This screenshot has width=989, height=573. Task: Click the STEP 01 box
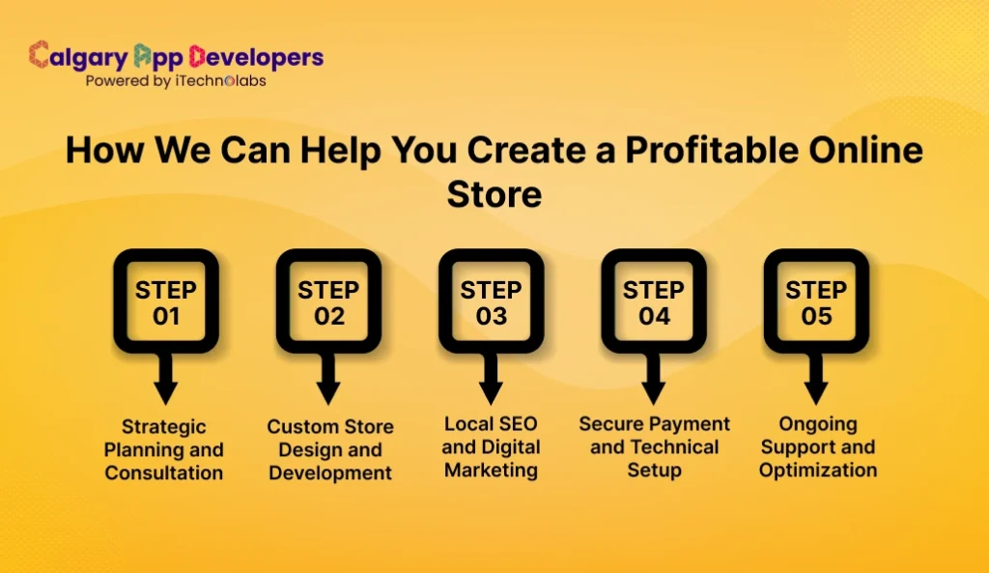click(166, 301)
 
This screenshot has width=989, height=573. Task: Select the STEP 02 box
click(328, 301)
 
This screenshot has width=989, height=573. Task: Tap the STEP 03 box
click(491, 301)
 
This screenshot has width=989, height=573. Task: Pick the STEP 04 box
click(653, 301)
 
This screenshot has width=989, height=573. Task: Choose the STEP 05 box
click(816, 301)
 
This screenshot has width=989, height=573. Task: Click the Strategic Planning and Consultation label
click(164, 449)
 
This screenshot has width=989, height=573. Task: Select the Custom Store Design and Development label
click(330, 449)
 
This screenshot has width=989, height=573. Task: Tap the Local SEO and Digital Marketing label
click(491, 446)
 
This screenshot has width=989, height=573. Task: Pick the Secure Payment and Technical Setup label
click(654, 446)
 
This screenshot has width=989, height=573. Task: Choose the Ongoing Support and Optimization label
click(817, 446)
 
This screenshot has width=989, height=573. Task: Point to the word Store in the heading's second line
click(494, 193)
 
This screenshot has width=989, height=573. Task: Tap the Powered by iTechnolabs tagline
click(176, 81)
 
